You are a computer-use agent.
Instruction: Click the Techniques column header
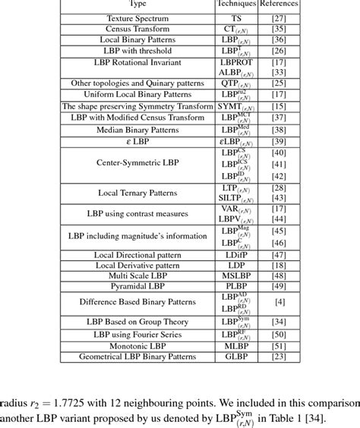coord(236,4)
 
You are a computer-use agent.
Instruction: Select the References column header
coord(278,4)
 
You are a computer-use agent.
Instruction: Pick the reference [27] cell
coord(278,15)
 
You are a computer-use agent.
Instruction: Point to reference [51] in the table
coord(278,345)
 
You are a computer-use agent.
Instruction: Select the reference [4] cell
coord(278,302)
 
